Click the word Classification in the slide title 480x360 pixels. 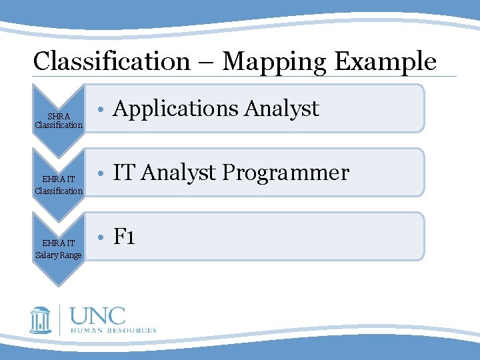tap(111, 61)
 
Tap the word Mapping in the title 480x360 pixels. tap(274, 61)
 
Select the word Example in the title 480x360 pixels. tap(385, 61)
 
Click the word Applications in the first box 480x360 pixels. tap(175, 108)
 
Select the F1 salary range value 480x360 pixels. tap(125, 236)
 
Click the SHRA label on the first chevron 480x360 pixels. tap(59, 117)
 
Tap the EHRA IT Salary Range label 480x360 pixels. tap(59, 249)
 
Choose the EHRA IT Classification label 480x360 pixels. tap(59, 185)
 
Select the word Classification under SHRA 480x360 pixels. tap(59, 125)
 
